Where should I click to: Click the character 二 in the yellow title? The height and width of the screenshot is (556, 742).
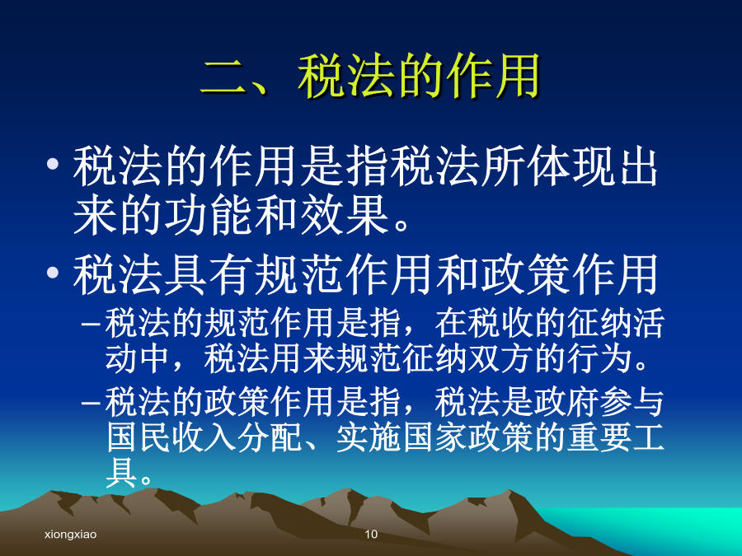(224, 76)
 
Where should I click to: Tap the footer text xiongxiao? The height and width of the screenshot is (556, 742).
(71, 535)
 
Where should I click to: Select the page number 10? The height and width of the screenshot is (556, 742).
(371, 535)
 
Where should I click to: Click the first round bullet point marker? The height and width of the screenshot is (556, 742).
(53, 164)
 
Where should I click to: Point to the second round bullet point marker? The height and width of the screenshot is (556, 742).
(53, 273)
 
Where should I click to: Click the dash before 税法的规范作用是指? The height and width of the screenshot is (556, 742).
(90, 325)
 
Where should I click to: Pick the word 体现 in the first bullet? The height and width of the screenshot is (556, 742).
(571, 166)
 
